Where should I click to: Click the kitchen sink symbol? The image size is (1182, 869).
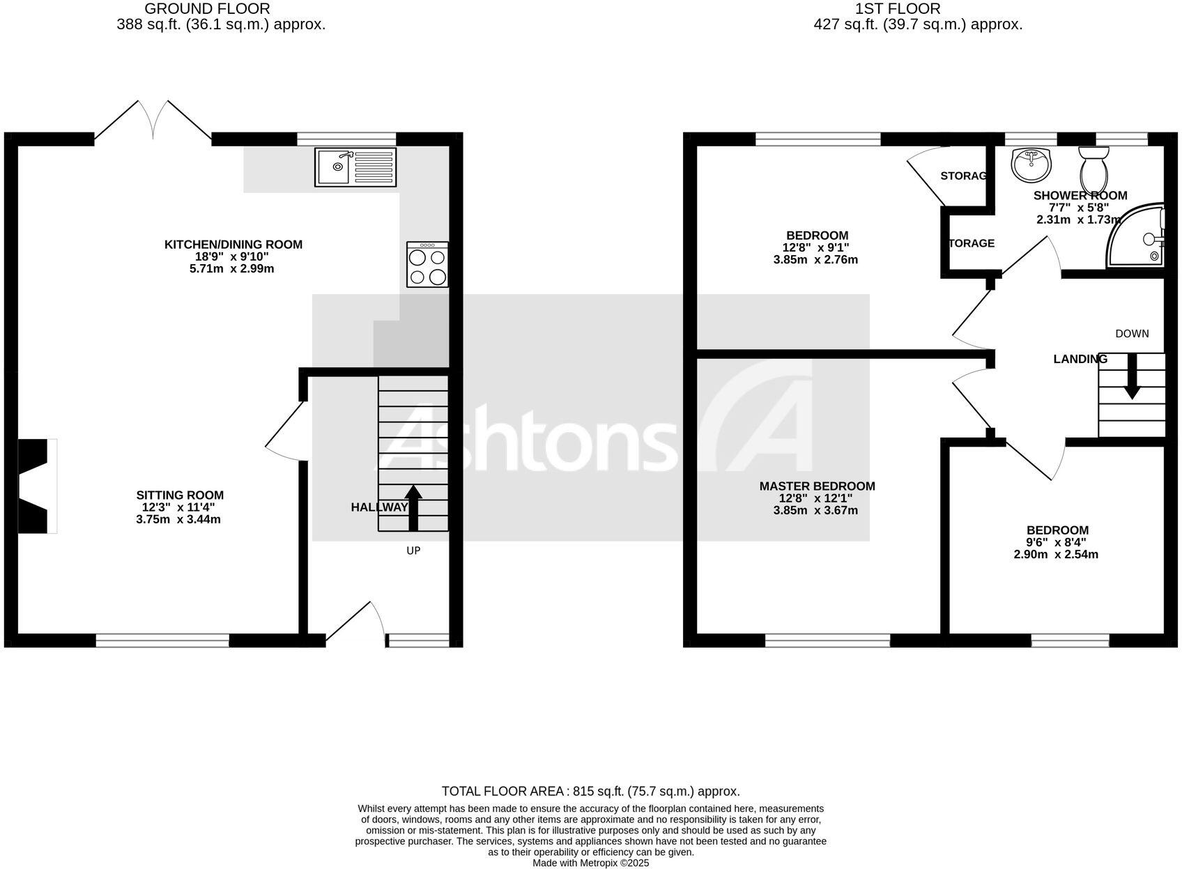pyautogui.click(x=355, y=167)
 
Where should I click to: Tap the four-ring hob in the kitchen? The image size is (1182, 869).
pyautogui.click(x=427, y=265)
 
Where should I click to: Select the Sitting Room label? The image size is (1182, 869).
pyautogui.click(x=180, y=495)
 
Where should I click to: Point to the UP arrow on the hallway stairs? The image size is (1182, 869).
pyautogui.click(x=413, y=507)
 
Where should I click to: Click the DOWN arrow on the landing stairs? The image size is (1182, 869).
pyautogui.click(x=1132, y=376)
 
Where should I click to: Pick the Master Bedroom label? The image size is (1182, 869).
pyautogui.click(x=817, y=486)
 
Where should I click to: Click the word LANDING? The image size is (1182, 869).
pyautogui.click(x=1080, y=360)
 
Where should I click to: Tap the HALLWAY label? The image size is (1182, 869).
pyautogui.click(x=379, y=507)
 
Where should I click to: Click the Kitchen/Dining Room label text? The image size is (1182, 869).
pyautogui.click(x=233, y=245)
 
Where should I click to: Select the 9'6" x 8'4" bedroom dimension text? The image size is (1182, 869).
pyautogui.click(x=1055, y=543)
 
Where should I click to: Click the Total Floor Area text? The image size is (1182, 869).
pyautogui.click(x=590, y=791)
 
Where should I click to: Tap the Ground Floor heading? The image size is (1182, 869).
pyautogui.click(x=207, y=9)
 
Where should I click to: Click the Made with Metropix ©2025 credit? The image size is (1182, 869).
pyautogui.click(x=590, y=863)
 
